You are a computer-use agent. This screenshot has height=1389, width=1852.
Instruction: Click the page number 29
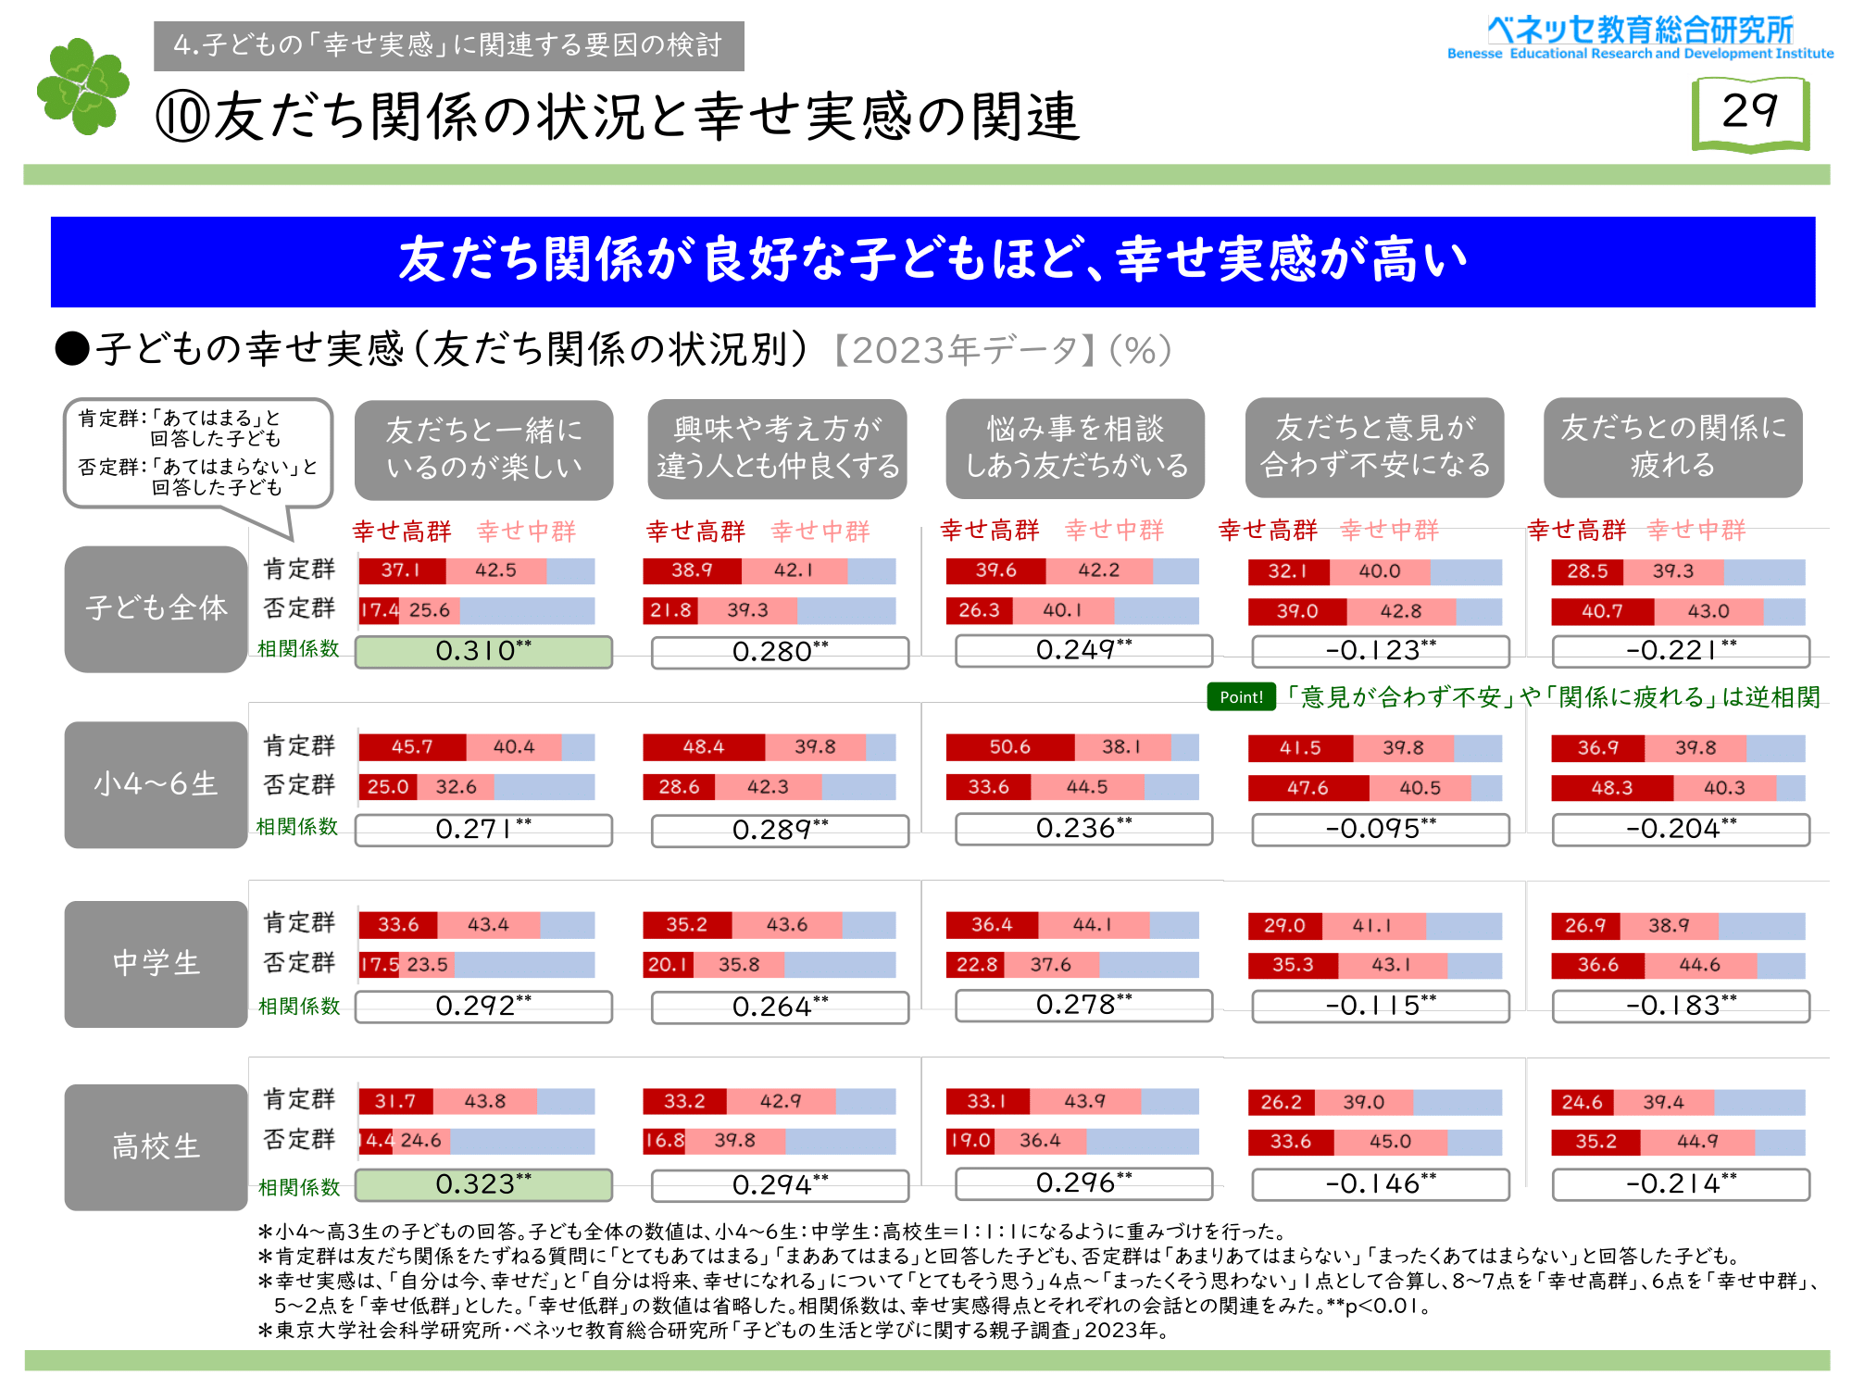pyautogui.click(x=1749, y=113)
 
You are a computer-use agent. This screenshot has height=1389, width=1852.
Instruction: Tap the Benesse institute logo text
pyautogui.click(x=1640, y=38)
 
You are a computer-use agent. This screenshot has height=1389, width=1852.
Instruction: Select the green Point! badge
pyautogui.click(x=1241, y=696)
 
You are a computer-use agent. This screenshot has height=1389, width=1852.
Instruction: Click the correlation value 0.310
pyautogui.click(x=483, y=651)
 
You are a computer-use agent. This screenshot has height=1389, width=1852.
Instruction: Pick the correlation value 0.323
pyautogui.click(x=483, y=1184)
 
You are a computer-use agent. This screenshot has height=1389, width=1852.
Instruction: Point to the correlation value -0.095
pyautogui.click(x=1380, y=829)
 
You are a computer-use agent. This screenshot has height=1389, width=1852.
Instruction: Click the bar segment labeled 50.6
pyautogui.click(x=1009, y=747)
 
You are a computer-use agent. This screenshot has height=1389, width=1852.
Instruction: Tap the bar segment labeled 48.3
pyautogui.click(x=1611, y=788)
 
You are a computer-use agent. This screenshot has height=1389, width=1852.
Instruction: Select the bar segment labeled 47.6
pyautogui.click(x=1308, y=788)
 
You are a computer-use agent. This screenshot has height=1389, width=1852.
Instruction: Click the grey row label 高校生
pyautogui.click(x=156, y=1147)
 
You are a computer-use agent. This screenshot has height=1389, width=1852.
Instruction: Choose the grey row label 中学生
pyautogui.click(x=156, y=964)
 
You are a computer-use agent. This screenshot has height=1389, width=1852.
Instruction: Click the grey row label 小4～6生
pyautogui.click(x=156, y=784)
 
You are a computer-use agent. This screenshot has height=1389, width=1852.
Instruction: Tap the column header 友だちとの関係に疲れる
pyautogui.click(x=1672, y=447)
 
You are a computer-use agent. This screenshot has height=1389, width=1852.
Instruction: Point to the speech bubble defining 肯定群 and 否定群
pyautogui.click(x=197, y=453)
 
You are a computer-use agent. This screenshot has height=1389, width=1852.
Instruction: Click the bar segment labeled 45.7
pyautogui.click(x=412, y=747)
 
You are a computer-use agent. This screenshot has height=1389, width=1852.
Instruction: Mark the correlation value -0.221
pyautogui.click(x=1681, y=651)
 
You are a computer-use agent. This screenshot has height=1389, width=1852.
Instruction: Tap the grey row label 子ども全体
pyautogui.click(x=156, y=608)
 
